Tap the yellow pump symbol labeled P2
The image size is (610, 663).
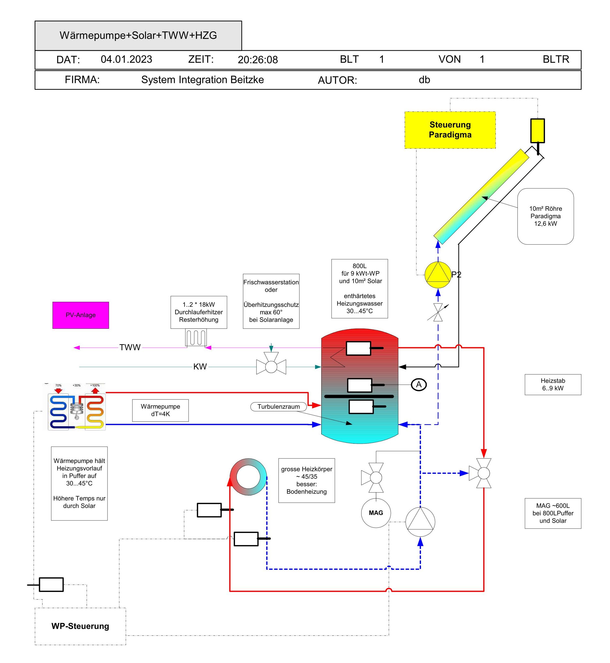[437, 274]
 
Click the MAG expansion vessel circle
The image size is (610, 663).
[376, 512]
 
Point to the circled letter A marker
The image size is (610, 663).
[418, 384]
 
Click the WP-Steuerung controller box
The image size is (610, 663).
[80, 626]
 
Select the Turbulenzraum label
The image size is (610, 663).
[278, 406]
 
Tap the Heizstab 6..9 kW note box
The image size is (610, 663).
[552, 384]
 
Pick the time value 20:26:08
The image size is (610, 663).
[257, 60]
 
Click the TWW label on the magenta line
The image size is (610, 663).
[130, 347]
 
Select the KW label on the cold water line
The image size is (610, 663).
[200, 367]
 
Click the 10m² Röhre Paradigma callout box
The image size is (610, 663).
[545, 216]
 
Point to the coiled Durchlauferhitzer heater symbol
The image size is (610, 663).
[196, 337]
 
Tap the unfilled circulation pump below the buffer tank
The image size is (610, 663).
[420, 522]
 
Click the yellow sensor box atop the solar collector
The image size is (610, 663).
[537, 131]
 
